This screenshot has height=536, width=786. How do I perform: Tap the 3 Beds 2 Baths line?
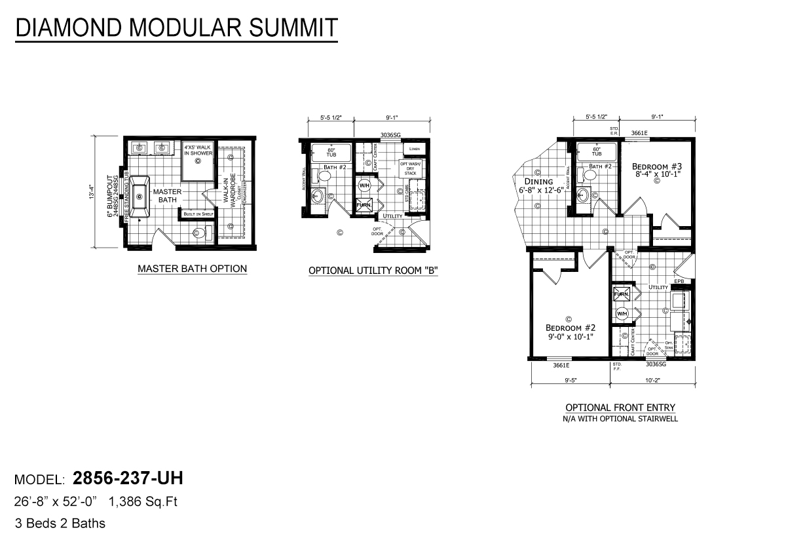click(x=60, y=523)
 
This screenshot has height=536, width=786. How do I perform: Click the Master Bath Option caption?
click(x=192, y=269)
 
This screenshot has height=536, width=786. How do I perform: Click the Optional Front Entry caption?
click(x=620, y=408)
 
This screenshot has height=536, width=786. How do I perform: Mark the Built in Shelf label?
click(x=198, y=214)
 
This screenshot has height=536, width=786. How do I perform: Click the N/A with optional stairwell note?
click(x=620, y=419)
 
